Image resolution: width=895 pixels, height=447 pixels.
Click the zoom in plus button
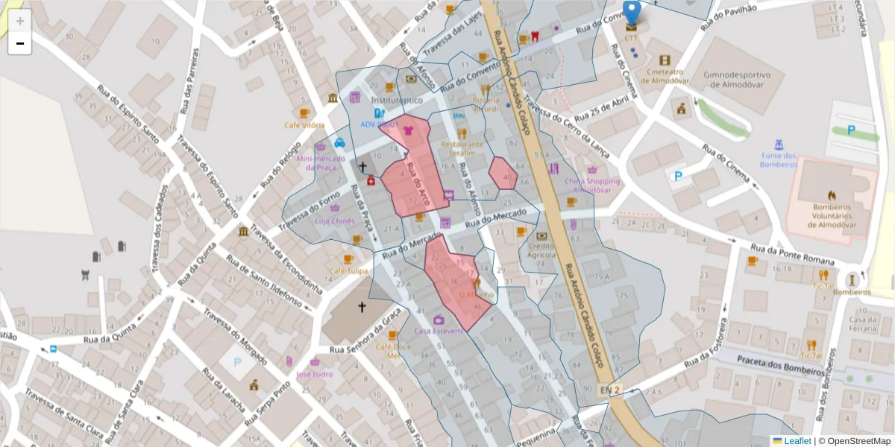[x=20, y=21]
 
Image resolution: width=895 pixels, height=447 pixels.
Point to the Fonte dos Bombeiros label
[x=779, y=159]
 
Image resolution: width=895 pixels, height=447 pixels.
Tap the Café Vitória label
[x=304, y=125]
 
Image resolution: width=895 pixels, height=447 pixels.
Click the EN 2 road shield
[x=610, y=390]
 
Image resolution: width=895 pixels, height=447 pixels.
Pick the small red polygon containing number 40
[x=503, y=174]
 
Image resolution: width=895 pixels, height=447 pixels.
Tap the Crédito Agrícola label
[x=541, y=250]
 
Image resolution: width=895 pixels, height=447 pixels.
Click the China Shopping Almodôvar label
[x=592, y=185]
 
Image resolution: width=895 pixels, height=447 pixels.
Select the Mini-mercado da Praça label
[x=321, y=162]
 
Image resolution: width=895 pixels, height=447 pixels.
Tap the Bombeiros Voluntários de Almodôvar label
[x=833, y=215]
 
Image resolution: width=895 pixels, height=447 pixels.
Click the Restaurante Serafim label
[x=462, y=148]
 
